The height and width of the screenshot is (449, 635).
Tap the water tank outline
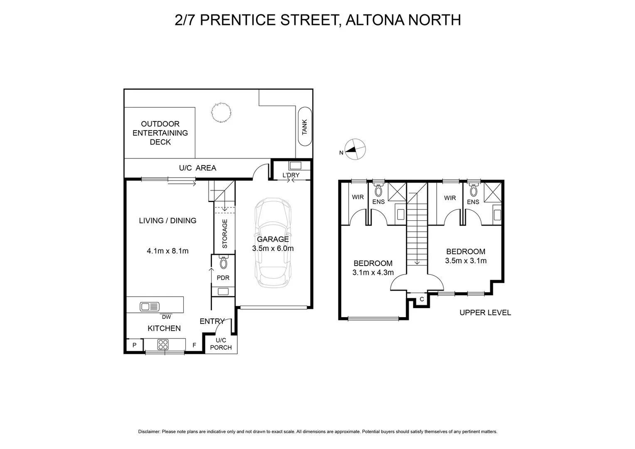[305, 127]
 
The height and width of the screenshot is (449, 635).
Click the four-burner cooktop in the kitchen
[162, 345]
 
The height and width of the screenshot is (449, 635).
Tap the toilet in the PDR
[224, 262]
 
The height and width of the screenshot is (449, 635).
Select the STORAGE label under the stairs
[225, 234]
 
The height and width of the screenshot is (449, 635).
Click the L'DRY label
[290, 175]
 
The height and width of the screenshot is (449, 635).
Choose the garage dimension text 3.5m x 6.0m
[273, 249]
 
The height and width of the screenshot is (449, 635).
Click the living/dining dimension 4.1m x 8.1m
[167, 251]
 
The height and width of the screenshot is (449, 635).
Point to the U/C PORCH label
[221, 344]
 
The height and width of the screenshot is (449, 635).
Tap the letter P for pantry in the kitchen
[134, 345]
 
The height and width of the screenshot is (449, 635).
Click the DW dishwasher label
[166, 317]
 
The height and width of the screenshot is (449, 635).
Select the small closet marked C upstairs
[421, 299]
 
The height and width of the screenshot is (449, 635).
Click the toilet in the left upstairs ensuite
[378, 190]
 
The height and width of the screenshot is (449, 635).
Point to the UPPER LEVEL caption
[485, 313]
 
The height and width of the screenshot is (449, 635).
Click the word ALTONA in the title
[372, 20]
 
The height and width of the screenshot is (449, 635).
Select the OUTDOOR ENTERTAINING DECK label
[160, 133]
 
